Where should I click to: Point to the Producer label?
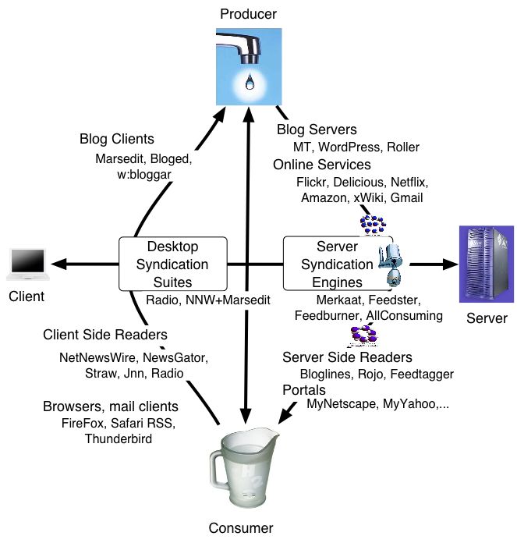(248, 13)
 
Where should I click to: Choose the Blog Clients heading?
(115, 140)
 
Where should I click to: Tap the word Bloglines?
(326, 374)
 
